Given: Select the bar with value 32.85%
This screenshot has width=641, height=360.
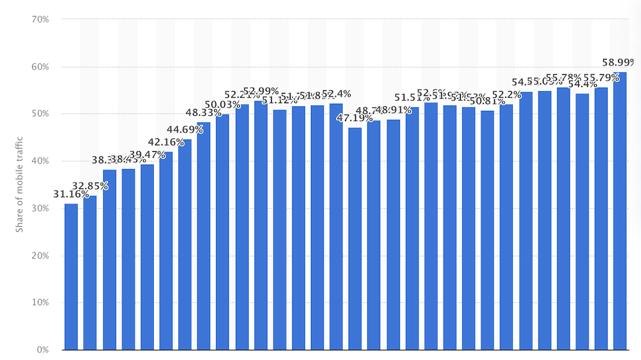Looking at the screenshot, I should click(90, 273).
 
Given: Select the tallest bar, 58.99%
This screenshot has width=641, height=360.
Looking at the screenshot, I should click(619, 211).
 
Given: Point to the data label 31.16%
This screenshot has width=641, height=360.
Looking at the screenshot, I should click(71, 194).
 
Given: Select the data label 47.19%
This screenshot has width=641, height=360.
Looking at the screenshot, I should click(355, 119).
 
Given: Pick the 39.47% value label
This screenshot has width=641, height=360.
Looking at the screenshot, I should click(147, 155).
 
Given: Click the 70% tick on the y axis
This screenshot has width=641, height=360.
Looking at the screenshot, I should click(40, 19).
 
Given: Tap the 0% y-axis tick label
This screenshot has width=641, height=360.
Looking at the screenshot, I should click(43, 350).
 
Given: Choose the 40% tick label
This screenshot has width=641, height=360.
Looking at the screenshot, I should click(40, 161).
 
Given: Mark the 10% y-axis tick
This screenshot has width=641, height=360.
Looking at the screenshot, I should click(40, 303).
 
